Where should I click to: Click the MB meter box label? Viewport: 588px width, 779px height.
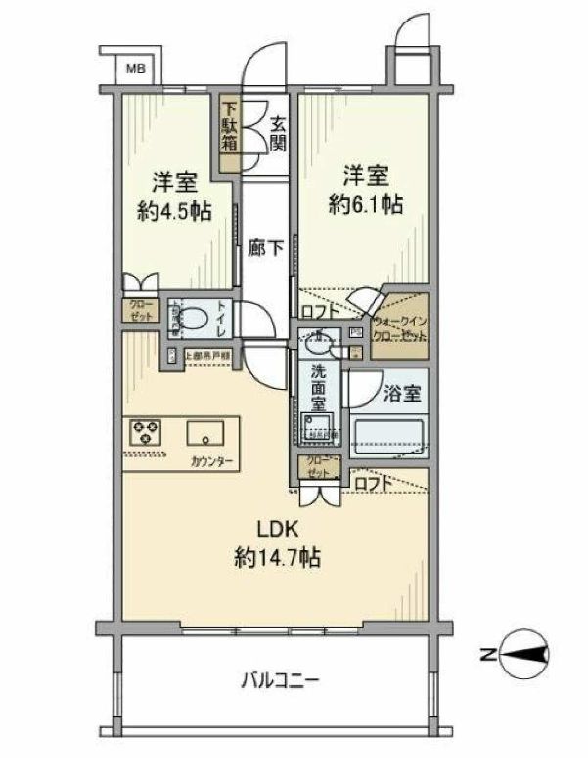(136, 68)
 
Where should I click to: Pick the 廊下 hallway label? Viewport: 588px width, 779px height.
(267, 248)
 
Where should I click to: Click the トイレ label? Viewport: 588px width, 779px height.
(221, 317)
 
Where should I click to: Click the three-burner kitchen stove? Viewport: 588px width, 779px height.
(147, 431)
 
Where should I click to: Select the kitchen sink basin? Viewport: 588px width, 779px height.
(207, 431)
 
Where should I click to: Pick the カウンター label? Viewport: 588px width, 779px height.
(211, 459)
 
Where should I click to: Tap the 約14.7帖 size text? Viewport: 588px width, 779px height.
(277, 559)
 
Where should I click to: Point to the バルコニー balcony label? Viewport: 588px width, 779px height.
(281, 678)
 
